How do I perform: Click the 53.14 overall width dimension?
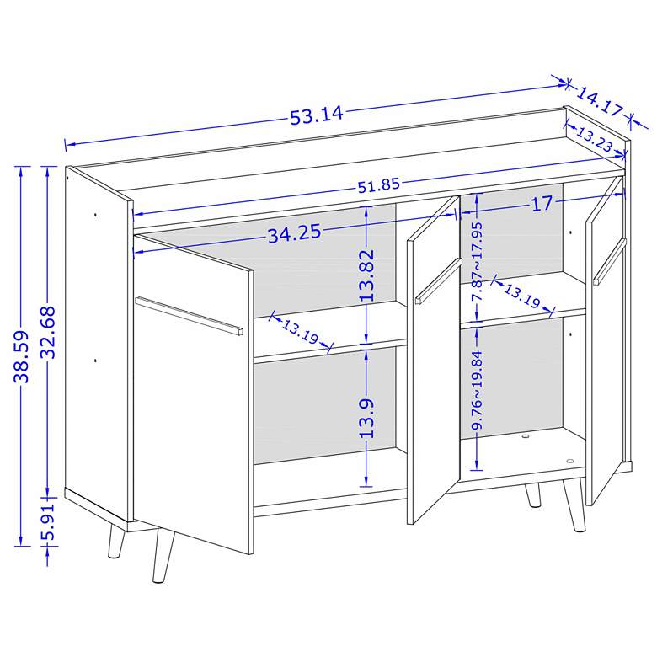point(317,115)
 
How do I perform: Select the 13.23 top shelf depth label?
point(595,139)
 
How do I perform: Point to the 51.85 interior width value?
point(379,184)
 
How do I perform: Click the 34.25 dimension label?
point(295,233)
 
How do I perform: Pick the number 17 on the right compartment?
point(542,204)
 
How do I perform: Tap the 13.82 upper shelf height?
point(366,275)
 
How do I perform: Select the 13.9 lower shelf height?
point(366,418)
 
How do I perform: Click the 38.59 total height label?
point(21,356)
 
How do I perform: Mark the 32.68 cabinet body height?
point(47,332)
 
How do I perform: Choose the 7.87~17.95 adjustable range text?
point(477,261)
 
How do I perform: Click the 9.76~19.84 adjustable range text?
point(477,390)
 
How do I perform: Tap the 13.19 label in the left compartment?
point(300,331)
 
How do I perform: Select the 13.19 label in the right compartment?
point(521,296)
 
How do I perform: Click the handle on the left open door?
point(189,316)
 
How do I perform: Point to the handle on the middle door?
point(439,280)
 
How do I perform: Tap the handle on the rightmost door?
point(609,262)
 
